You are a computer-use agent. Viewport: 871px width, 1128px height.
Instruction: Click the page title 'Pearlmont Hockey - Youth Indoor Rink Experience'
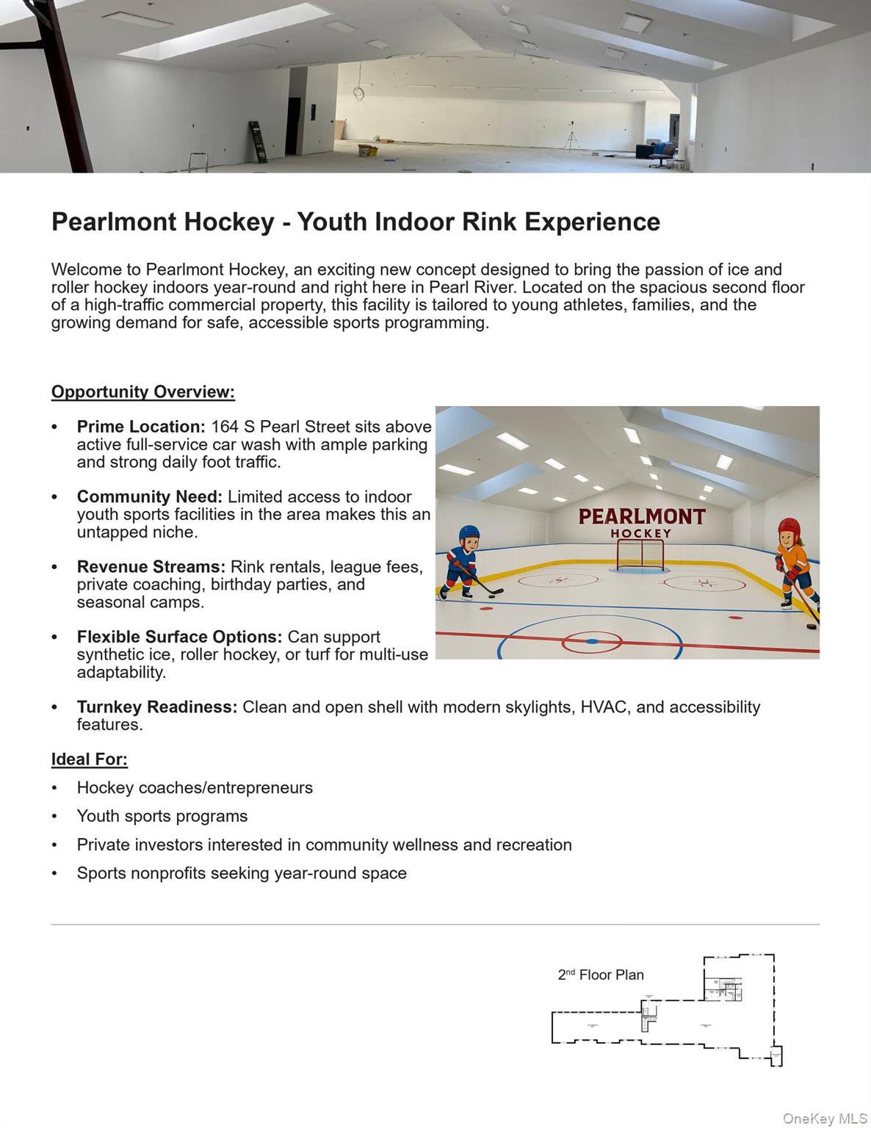(x=355, y=222)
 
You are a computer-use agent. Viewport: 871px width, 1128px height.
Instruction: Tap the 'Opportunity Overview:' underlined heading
(x=143, y=392)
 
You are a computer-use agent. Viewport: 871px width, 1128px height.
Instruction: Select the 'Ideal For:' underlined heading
(x=90, y=759)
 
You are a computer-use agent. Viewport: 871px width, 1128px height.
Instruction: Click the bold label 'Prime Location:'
(x=141, y=427)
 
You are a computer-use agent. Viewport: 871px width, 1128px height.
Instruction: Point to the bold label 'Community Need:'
(x=150, y=497)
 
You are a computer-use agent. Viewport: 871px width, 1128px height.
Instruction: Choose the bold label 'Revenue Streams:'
(x=151, y=567)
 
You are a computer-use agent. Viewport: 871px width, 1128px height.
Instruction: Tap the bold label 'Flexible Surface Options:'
(x=179, y=637)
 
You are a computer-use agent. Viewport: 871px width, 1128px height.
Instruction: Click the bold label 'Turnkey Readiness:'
(x=157, y=707)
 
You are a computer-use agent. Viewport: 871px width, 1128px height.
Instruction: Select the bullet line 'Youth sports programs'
(x=162, y=816)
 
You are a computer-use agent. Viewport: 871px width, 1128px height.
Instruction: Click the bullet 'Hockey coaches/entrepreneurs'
(x=195, y=788)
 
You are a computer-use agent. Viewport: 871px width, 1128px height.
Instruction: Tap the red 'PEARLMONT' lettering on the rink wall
(x=642, y=517)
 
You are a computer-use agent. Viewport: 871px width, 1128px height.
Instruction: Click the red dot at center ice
(x=592, y=642)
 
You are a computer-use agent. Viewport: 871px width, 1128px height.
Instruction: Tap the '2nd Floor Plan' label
(x=601, y=975)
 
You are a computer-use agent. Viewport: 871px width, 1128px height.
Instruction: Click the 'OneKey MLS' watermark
(x=825, y=1118)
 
